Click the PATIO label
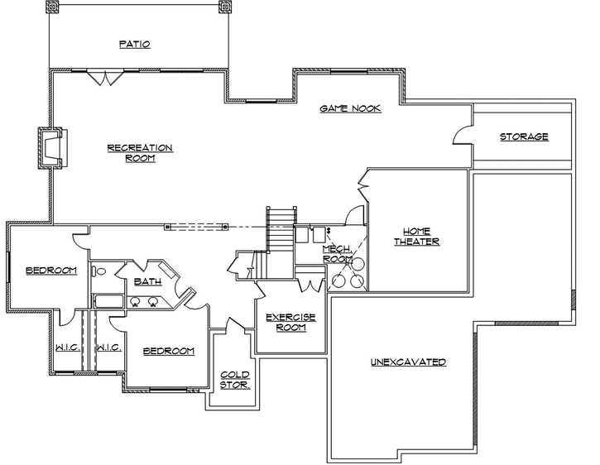[x=134, y=44]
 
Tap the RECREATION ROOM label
[x=140, y=153]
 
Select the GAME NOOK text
[x=350, y=109]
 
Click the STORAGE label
[x=523, y=137]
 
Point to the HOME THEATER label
[x=416, y=236]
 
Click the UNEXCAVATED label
[x=408, y=362]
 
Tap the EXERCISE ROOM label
[x=286, y=322]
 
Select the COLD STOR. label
[x=234, y=380]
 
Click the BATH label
[x=146, y=281]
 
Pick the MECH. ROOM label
[x=338, y=253]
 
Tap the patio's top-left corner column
[x=53, y=8]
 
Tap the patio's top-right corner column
[x=223, y=8]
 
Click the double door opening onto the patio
[x=105, y=77]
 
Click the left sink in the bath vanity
[x=135, y=302]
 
